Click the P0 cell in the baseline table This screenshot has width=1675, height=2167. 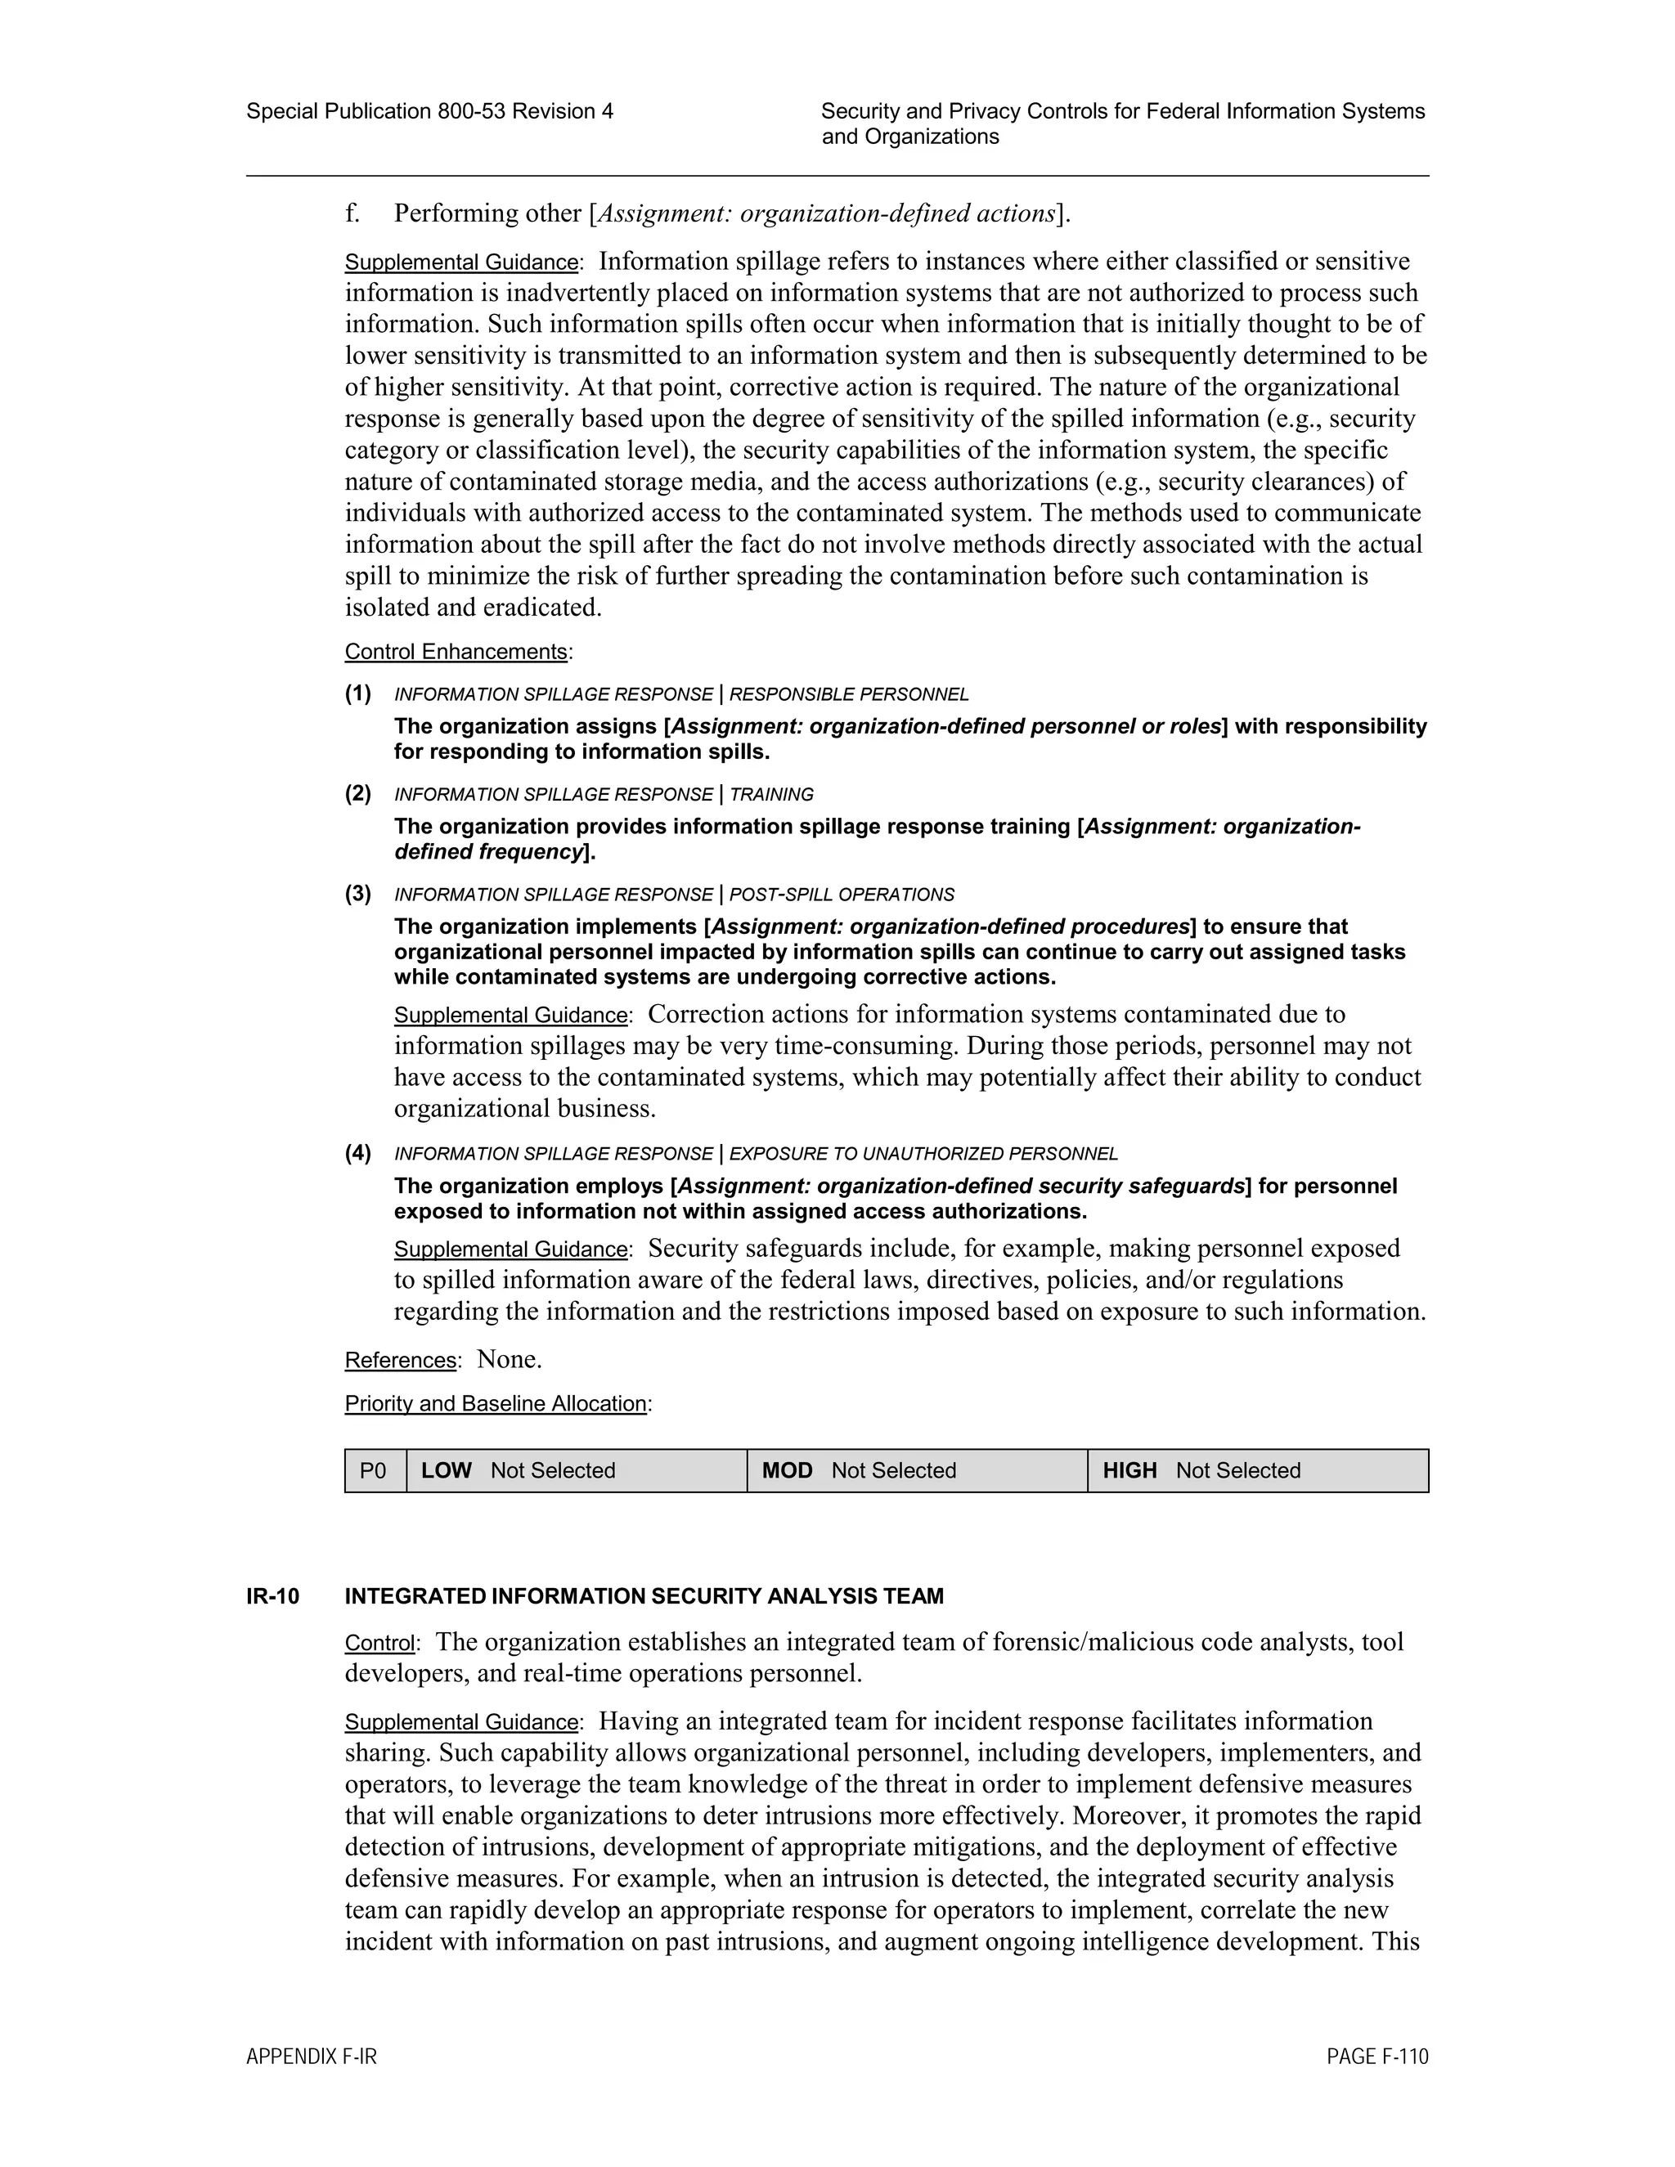click(x=374, y=1470)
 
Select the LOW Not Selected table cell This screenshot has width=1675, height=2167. click(x=577, y=1470)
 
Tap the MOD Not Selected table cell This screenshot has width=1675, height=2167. click(x=917, y=1470)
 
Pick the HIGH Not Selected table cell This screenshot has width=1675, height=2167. click(x=1257, y=1470)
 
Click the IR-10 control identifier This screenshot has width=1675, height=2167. click(x=273, y=1596)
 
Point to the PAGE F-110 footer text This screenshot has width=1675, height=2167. click(x=1377, y=2057)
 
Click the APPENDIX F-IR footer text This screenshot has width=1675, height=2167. click(x=312, y=2057)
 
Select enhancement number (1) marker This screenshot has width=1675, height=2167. click(x=358, y=693)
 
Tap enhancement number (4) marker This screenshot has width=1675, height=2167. click(x=358, y=1153)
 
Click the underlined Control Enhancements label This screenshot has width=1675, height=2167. click(x=456, y=652)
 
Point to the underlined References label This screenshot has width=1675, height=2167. click(x=401, y=1361)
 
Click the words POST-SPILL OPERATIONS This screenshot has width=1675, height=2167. click(x=842, y=895)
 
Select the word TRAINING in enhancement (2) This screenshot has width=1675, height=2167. click(x=771, y=795)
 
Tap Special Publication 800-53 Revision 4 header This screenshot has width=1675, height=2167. click(x=429, y=111)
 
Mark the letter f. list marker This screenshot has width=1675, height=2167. click(x=353, y=213)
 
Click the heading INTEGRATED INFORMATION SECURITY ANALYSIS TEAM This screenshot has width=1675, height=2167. click(x=644, y=1596)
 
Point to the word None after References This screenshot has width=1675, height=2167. click(x=509, y=1359)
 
